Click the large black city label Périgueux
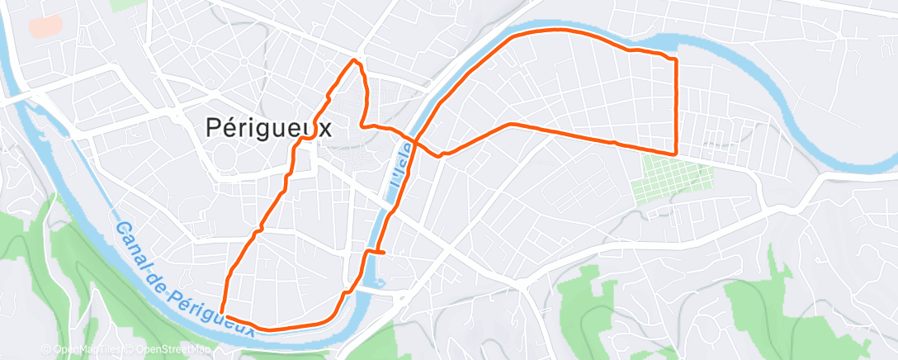(267, 128)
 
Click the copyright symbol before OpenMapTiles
(46, 350)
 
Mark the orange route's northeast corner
(676, 60)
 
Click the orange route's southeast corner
(676, 154)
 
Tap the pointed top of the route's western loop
(355, 60)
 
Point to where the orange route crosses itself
(417, 143)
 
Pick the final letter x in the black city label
(323, 129)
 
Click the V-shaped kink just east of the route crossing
(443, 154)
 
